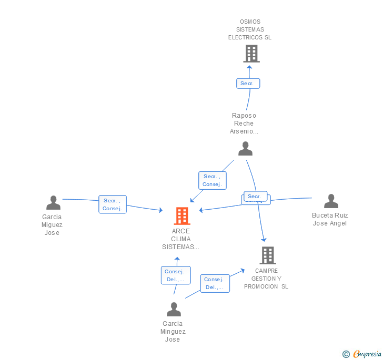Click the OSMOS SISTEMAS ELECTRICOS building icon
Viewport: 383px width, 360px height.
(251, 54)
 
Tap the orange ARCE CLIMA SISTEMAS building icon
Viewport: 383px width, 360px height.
(182, 215)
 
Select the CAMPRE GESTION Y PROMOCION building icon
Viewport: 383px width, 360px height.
(267, 255)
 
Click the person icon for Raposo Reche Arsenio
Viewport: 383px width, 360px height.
(245, 149)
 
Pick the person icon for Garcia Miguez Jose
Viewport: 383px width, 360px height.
(53, 202)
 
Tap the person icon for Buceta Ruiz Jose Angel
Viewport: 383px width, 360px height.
(330, 201)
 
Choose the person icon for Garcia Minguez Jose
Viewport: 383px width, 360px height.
(174, 310)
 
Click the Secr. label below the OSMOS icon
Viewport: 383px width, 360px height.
(247, 84)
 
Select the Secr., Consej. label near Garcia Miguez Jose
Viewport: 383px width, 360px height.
(112, 204)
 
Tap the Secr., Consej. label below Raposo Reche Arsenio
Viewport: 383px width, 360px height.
(212, 180)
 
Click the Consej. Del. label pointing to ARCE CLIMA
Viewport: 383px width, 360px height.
(176, 275)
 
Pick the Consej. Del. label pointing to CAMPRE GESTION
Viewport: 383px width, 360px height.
(215, 283)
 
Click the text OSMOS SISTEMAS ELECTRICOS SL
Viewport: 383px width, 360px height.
(250, 29)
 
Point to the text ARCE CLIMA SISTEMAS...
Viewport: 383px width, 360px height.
(180, 239)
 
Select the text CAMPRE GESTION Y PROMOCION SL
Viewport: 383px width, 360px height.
(266, 279)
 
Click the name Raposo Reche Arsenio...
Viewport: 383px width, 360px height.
(244, 124)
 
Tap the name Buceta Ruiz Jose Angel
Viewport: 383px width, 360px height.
(330, 219)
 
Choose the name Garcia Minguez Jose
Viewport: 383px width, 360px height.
(173, 332)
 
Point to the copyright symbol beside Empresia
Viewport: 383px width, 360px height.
(346, 354)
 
